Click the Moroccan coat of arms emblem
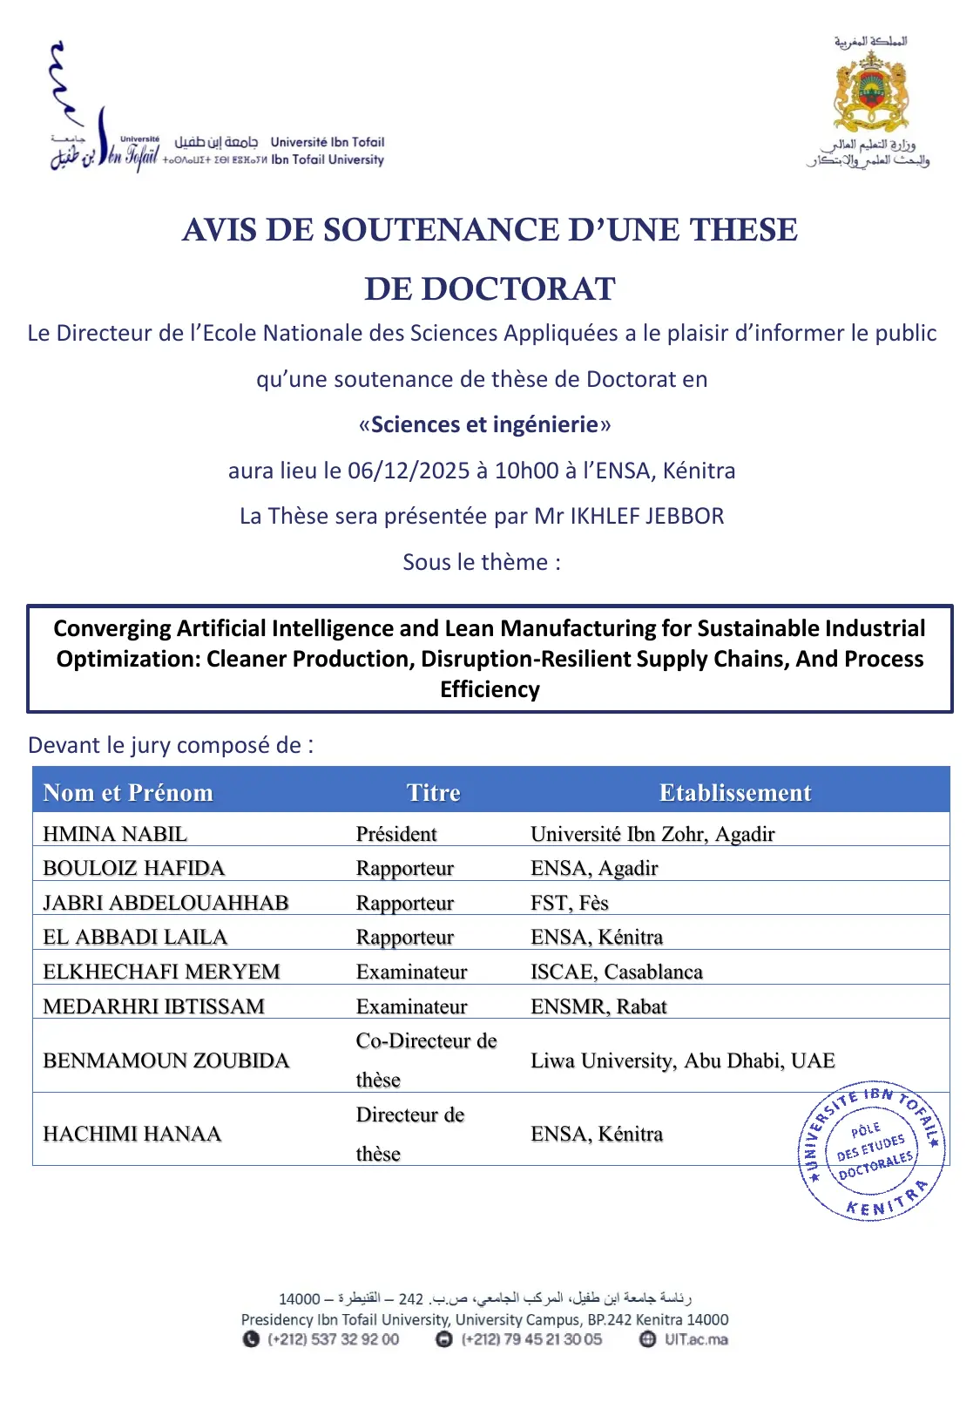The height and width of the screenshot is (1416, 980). (870, 91)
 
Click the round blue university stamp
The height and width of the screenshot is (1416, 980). (871, 1152)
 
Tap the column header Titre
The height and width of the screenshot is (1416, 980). (433, 792)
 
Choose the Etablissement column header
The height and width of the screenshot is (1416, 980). (734, 792)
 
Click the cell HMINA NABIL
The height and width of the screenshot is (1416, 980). (115, 834)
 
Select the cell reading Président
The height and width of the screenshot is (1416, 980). (396, 834)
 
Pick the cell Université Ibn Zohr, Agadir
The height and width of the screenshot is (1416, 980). (652, 834)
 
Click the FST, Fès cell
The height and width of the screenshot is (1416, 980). (570, 903)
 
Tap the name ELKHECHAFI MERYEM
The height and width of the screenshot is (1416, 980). (161, 972)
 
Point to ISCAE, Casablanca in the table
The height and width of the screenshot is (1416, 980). (617, 972)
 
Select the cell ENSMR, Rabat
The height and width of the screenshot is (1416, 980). (598, 1006)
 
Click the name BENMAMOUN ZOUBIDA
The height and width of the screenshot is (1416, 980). (166, 1060)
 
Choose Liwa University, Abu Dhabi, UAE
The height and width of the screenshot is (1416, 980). (683, 1060)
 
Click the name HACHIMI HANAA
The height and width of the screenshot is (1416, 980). (132, 1134)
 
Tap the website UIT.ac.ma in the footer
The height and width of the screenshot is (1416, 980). (696, 1339)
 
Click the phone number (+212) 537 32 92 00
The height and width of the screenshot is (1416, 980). (333, 1339)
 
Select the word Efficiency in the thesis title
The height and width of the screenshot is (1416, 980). (490, 689)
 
